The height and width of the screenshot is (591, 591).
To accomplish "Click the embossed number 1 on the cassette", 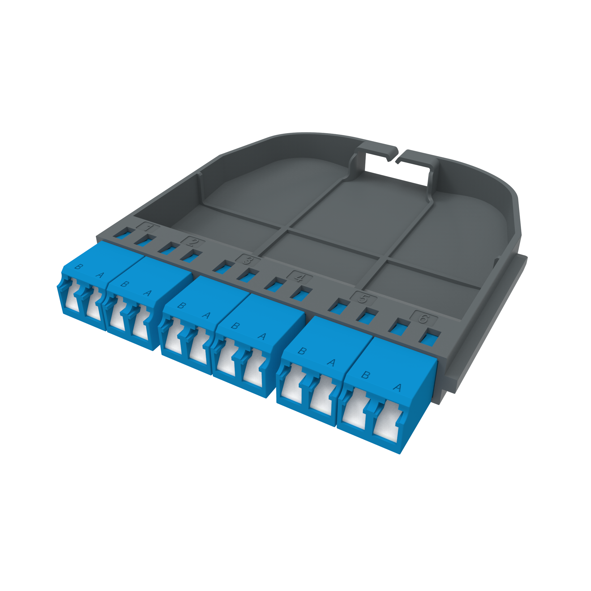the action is coord(148,227).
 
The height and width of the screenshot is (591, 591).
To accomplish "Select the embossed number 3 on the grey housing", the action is coord(248,260).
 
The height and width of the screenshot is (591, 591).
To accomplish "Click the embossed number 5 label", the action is coord(363,298).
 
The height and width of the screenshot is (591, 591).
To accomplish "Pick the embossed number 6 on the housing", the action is coord(424,318).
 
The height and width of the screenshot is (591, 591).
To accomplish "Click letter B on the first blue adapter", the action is coord(79,266).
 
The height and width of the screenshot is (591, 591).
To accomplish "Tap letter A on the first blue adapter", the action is coord(100,275).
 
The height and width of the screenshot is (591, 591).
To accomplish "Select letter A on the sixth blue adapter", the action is coord(397,388).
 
